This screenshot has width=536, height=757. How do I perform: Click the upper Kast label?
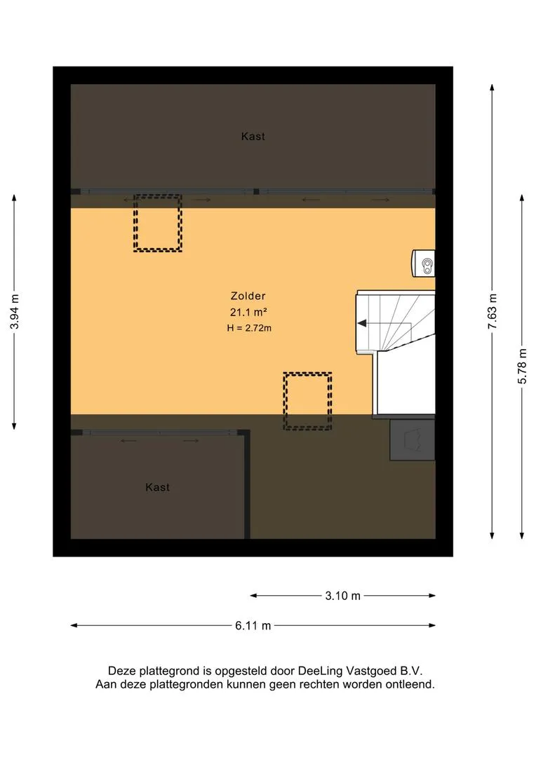pos(253,137)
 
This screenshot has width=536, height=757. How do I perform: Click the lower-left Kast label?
pos(158,487)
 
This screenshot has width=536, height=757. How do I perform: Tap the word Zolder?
pos(248,296)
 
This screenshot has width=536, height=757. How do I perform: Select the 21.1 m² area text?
pos(248,312)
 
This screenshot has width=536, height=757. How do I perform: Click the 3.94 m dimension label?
pos(15,313)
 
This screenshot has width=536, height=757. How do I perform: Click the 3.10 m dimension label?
pos(342,596)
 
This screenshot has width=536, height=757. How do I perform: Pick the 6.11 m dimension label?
pos(253,626)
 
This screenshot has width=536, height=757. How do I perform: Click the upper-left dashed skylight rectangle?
pos(158,223)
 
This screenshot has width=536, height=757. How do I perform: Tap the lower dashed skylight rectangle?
pos(307,401)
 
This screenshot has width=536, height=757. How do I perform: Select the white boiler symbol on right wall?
pos(424,261)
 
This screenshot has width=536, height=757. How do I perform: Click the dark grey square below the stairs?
pos(413,439)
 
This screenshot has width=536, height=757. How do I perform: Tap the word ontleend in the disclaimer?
pos(410,685)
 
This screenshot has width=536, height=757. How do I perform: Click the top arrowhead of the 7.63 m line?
pos(492,88)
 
